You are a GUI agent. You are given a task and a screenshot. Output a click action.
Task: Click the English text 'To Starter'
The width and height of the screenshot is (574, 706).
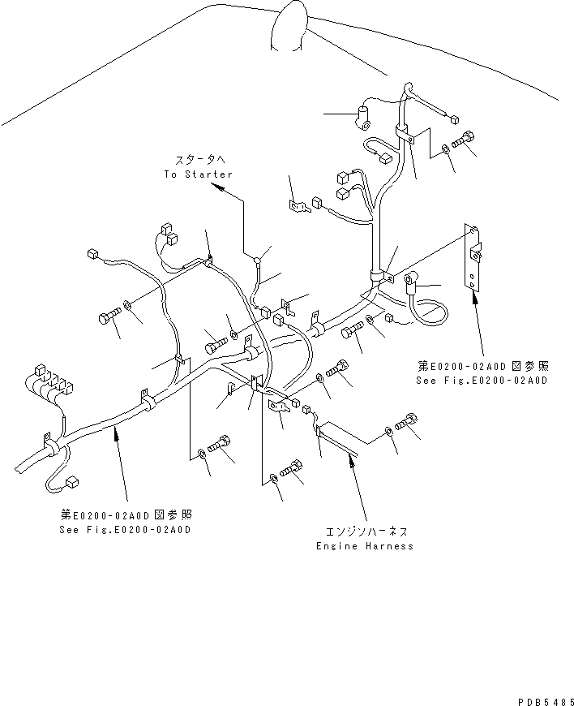(x=198, y=174)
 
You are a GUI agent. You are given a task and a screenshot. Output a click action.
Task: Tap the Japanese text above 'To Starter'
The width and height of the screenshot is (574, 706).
(x=199, y=161)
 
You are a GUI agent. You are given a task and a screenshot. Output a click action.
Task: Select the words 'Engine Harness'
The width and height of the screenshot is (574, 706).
(x=365, y=546)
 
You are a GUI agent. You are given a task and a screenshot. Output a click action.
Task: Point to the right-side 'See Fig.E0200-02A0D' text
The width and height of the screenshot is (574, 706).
(x=482, y=380)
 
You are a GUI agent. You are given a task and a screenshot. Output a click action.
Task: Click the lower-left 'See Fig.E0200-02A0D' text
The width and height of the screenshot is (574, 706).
(x=126, y=529)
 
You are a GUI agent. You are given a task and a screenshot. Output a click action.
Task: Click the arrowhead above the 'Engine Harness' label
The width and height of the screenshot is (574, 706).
(x=350, y=459)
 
